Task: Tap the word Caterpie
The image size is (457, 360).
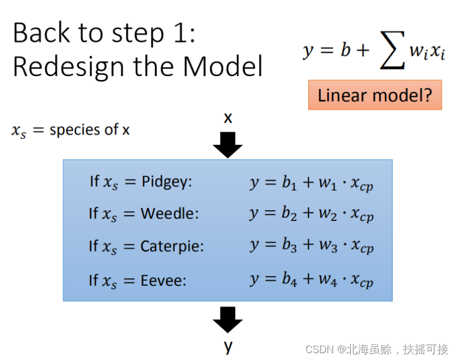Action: (172, 247)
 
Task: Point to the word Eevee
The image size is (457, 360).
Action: (163, 281)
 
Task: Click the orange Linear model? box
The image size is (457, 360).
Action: (375, 95)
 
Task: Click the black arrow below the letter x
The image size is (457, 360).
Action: (228, 145)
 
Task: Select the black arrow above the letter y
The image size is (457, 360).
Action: (228, 320)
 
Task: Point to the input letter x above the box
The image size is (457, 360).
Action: (228, 118)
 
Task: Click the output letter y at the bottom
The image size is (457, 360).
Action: (228, 345)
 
